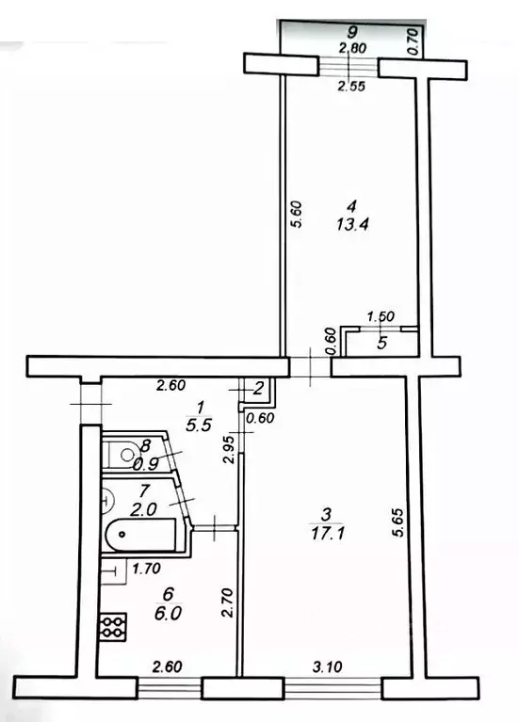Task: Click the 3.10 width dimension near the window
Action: pyautogui.click(x=327, y=667)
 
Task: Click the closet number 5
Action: pyautogui.click(x=381, y=344)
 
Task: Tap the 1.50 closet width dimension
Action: pyautogui.click(x=378, y=318)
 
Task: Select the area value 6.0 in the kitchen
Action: pyautogui.click(x=169, y=608)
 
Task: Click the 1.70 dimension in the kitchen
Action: pyautogui.click(x=145, y=568)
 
